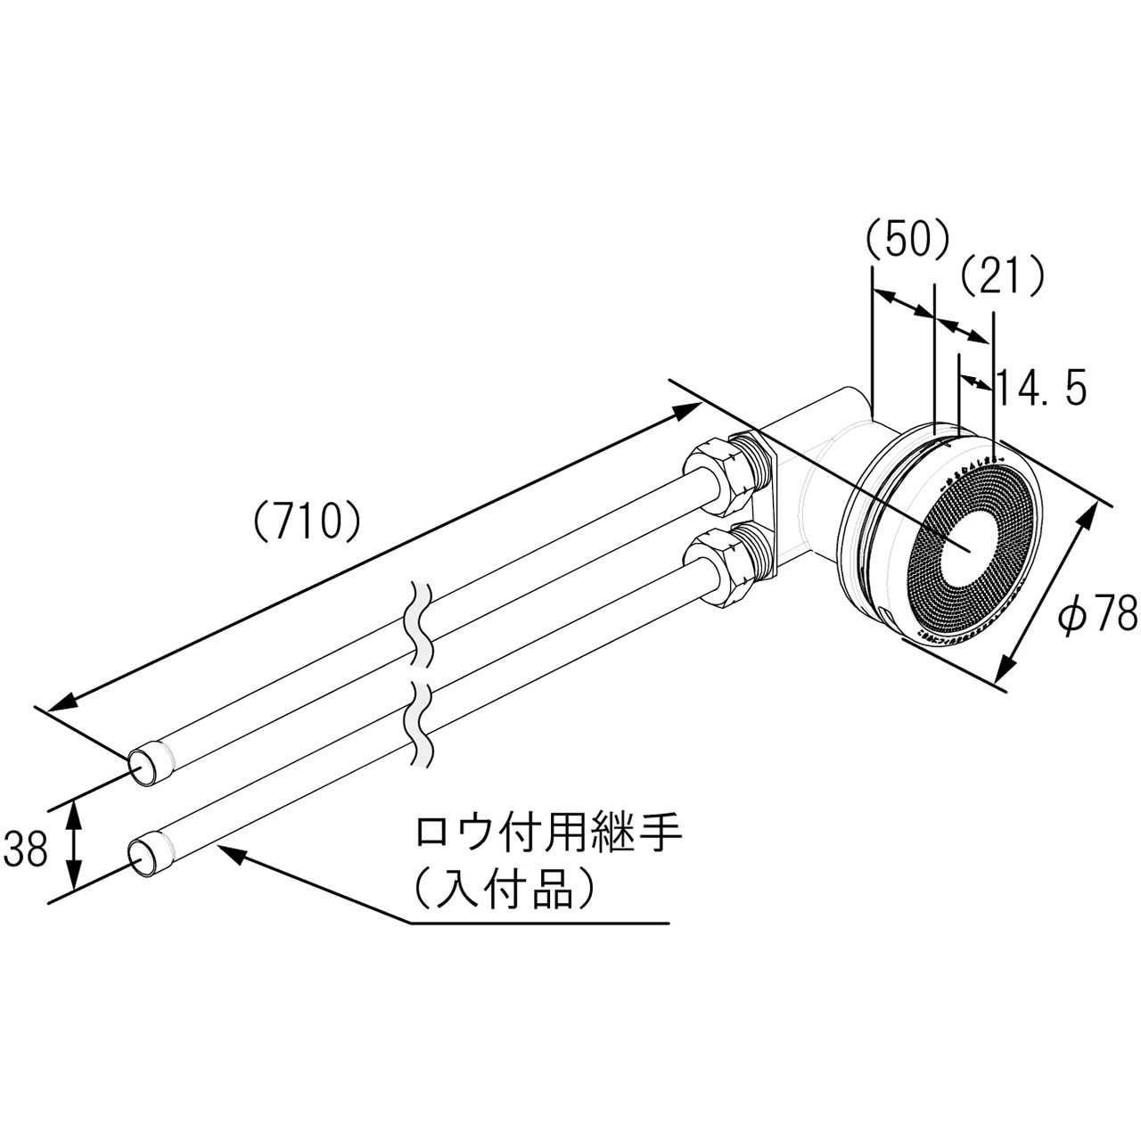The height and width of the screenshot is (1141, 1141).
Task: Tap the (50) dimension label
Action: pyautogui.click(x=907, y=240)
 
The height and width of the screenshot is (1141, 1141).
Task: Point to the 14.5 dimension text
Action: pyautogui.click(x=1040, y=389)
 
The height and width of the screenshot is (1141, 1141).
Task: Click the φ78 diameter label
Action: pyautogui.click(x=1096, y=614)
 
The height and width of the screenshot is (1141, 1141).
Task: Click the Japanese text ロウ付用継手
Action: pyautogui.click(x=548, y=834)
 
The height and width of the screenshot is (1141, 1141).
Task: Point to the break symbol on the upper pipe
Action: pyautogui.click(x=421, y=624)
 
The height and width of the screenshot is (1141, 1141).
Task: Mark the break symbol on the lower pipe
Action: pyautogui.click(x=421, y=722)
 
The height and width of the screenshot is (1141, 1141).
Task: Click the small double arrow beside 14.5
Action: pyautogui.click(x=975, y=382)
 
